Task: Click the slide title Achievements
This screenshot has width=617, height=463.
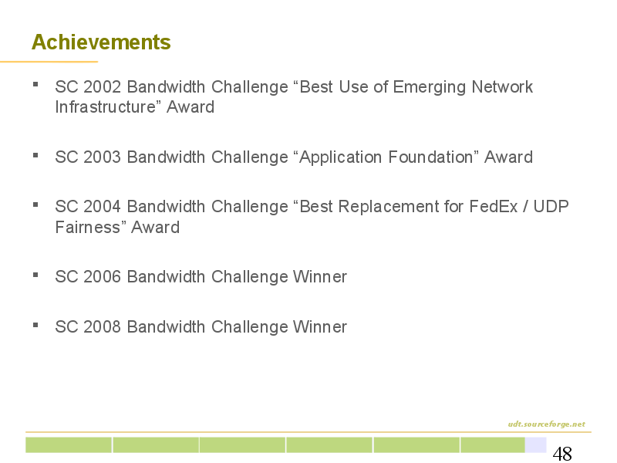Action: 101,42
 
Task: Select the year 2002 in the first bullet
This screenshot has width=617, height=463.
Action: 102,87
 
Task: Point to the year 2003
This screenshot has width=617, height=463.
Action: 102,157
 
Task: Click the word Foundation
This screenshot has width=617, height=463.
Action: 430,157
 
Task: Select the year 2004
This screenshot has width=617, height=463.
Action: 102,207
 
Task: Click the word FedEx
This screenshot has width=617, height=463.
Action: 493,207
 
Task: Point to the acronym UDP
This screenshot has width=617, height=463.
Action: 551,207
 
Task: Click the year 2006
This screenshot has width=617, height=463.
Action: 102,277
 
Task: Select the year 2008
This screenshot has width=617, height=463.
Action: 102,326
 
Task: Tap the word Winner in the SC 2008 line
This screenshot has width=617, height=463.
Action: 320,326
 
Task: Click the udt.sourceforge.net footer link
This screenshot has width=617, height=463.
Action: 546,424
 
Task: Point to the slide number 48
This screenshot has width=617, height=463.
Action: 562,454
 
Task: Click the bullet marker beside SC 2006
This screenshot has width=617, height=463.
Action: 35,275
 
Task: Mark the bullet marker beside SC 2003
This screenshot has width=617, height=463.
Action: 35,155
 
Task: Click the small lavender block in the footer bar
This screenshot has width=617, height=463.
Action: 535,445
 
